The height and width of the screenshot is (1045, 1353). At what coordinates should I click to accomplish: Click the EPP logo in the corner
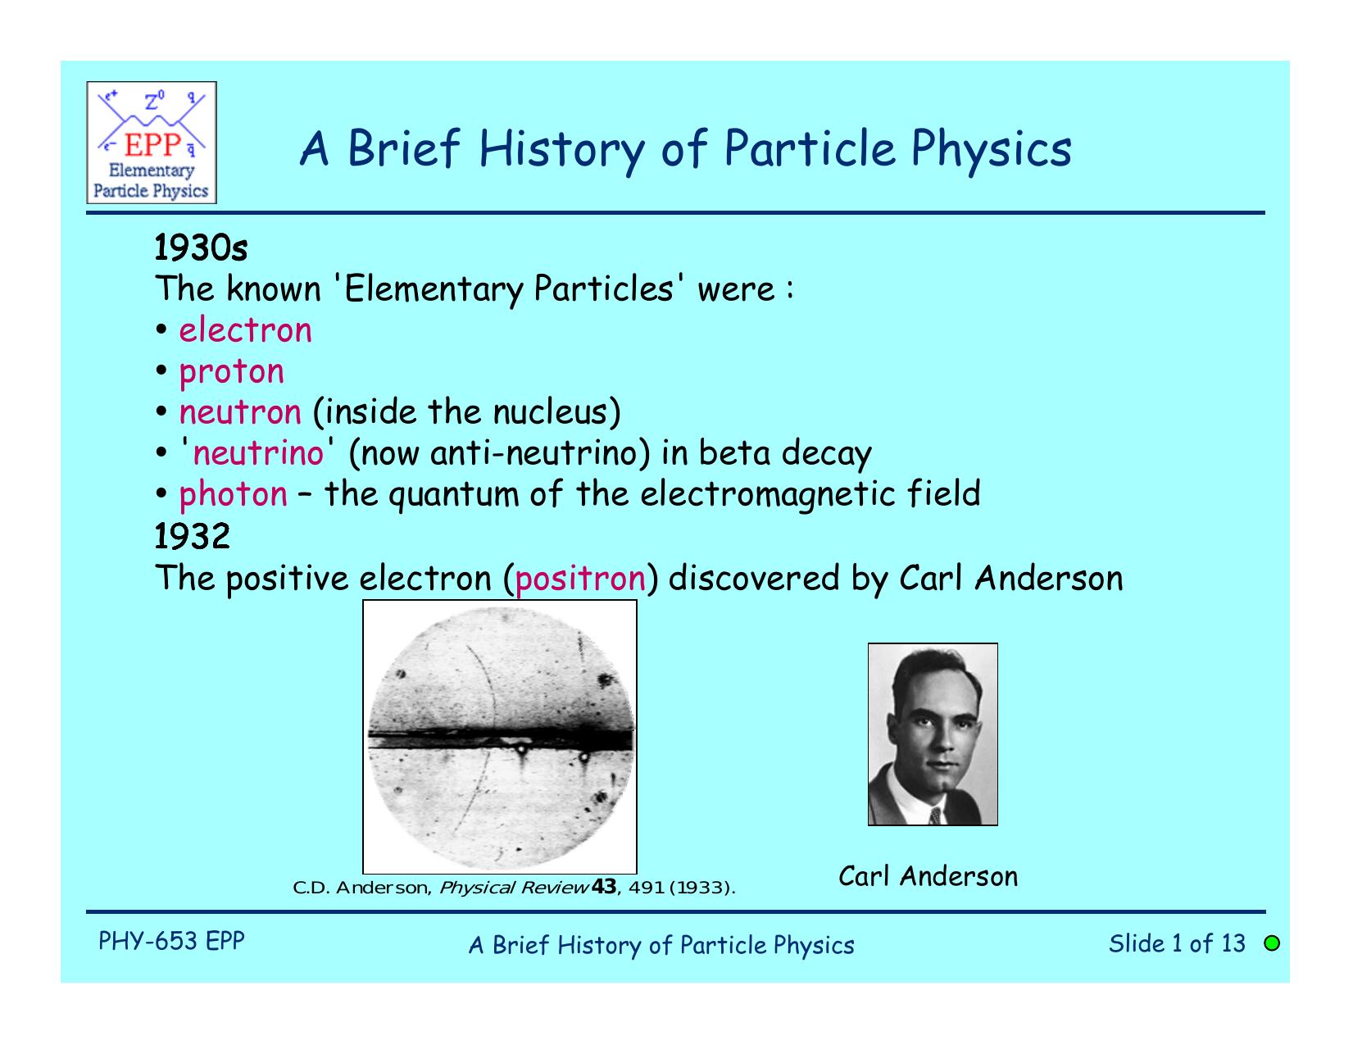[152, 143]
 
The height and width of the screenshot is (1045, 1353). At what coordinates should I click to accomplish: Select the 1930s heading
[202, 247]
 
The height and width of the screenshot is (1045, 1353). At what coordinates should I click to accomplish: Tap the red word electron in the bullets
[245, 330]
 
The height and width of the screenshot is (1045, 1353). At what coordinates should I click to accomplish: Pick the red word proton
[231, 372]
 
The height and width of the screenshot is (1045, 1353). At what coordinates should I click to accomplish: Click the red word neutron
[240, 412]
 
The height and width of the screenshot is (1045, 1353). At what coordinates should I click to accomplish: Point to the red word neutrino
[258, 453]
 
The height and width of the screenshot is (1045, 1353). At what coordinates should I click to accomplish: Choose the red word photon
[233, 494]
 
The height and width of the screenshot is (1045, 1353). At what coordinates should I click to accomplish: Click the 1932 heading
[193, 537]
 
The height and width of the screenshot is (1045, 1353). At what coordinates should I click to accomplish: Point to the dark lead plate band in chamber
[500, 738]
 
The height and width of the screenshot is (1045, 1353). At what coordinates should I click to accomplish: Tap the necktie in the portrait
[934, 815]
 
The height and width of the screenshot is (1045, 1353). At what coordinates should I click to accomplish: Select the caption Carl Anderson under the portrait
[928, 876]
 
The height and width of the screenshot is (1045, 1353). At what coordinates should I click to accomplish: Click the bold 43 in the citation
[602, 887]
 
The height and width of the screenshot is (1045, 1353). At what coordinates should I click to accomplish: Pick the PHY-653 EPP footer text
[171, 941]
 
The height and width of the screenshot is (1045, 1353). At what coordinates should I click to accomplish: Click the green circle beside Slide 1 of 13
[1271, 943]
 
